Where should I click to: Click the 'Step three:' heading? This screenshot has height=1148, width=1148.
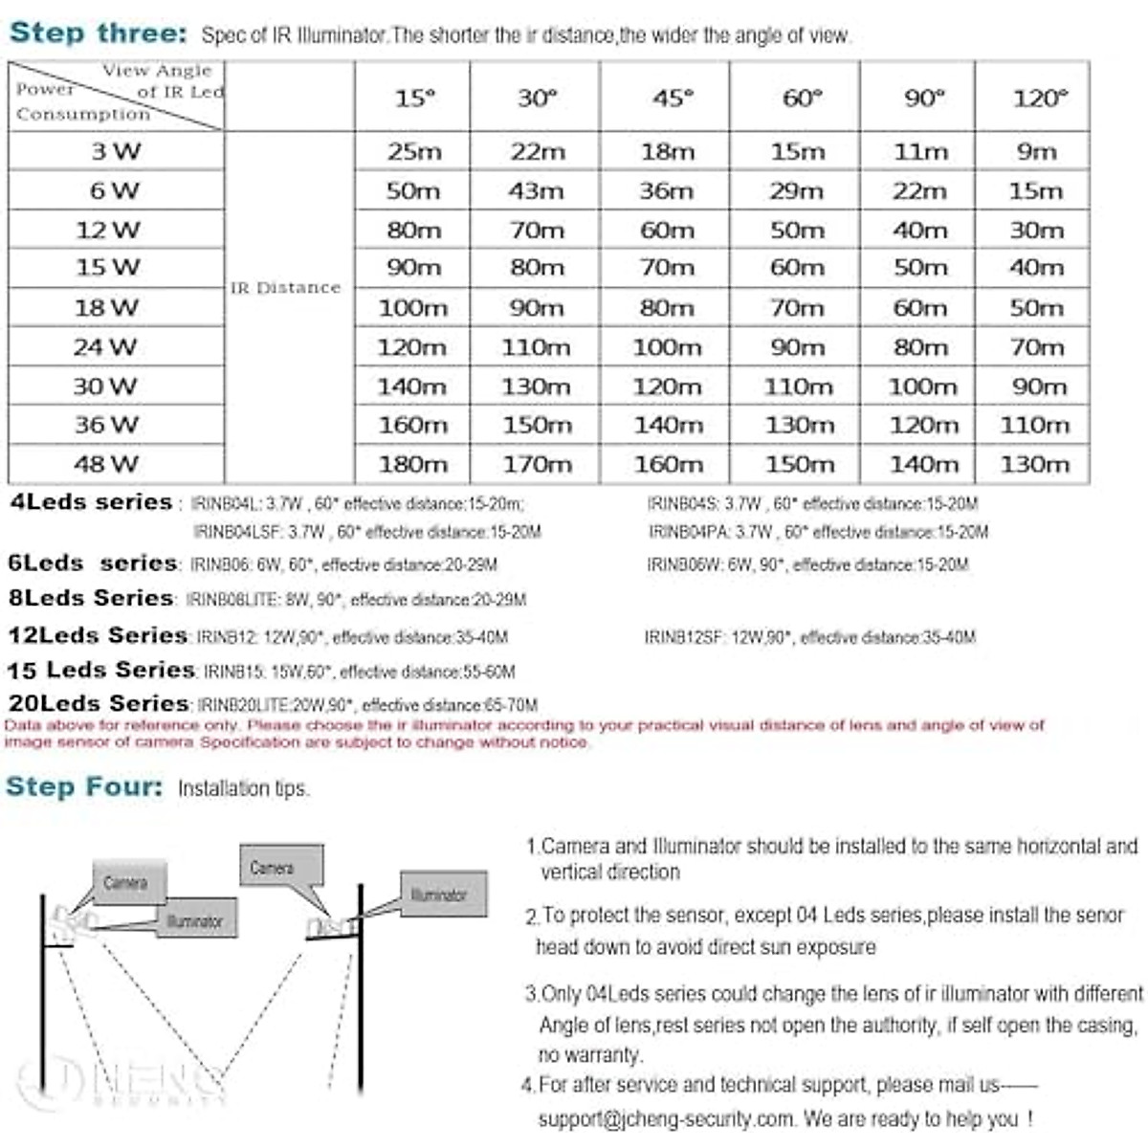point(98,33)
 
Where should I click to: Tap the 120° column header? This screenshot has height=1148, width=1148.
point(1039,98)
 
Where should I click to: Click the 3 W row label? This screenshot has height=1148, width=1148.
point(115,151)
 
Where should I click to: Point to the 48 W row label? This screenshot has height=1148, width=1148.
point(106,464)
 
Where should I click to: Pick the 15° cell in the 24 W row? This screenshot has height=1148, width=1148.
point(411,347)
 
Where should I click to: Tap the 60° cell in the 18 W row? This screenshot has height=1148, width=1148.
point(797,308)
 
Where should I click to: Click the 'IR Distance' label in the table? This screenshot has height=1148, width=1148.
point(285,287)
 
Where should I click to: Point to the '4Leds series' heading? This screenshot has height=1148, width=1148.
point(91,502)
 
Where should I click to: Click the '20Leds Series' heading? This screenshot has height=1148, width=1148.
point(98,703)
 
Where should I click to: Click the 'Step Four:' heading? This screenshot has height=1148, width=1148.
point(84,786)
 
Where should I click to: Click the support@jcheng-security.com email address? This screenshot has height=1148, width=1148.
point(666,1118)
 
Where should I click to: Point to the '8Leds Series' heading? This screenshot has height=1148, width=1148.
point(91,598)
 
